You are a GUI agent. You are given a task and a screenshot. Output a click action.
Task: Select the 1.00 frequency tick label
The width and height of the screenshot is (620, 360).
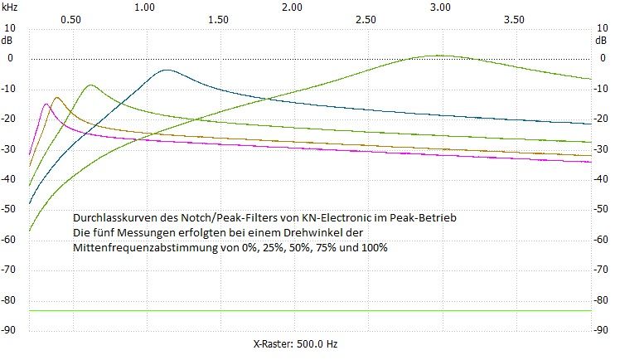click(144, 7)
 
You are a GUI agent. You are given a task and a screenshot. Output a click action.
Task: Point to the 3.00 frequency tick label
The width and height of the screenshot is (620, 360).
click(440, 7)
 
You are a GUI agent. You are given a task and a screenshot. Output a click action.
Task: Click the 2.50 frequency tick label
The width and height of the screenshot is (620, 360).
click(366, 18)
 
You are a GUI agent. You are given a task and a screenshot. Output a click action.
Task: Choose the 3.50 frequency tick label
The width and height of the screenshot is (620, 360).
click(514, 18)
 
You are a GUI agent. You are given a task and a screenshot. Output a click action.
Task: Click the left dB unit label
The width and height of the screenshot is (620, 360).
click(8, 39)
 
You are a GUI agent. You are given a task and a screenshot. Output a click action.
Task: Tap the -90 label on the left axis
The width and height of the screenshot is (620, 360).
click(10, 330)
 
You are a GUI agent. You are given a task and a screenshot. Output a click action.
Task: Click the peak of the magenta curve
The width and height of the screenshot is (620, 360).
click(46, 104)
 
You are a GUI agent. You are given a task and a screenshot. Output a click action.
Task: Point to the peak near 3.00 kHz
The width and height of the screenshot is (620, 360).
click(439, 56)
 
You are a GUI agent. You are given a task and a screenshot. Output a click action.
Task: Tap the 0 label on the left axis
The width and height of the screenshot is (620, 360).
click(12, 58)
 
